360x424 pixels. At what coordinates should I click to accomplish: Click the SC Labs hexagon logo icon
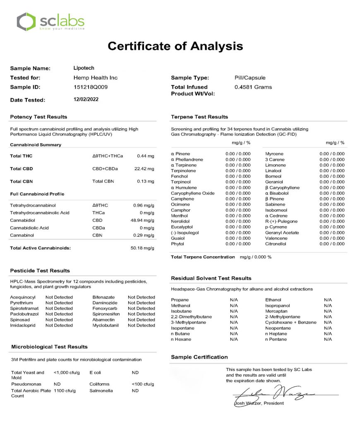26,22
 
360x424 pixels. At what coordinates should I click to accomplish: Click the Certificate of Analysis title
175,46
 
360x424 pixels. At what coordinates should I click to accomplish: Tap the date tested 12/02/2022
86,99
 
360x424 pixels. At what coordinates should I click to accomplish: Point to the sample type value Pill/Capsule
250,78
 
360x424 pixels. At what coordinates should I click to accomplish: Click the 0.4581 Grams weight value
253,87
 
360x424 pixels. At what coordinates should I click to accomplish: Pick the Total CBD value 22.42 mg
145,169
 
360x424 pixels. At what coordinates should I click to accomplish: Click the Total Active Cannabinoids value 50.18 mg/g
142,248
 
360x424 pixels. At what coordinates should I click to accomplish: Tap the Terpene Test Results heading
199,117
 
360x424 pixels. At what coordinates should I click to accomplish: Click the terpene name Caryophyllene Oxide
193,193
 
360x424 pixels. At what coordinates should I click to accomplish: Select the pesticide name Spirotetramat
25,308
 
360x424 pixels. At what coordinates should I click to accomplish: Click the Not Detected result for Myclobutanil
142,325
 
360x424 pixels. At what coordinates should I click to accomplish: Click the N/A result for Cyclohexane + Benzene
328,323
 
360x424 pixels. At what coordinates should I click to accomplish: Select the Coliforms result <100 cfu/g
143,384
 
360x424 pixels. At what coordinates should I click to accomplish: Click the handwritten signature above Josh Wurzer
273,393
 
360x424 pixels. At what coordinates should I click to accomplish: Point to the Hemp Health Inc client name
93,78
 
